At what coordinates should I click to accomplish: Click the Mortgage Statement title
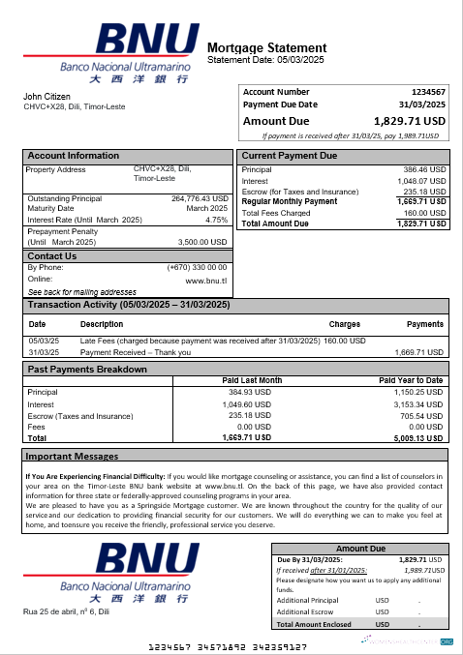click(266, 47)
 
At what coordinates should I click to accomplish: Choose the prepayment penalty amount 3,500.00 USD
click(203, 242)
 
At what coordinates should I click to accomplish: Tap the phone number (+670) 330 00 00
click(197, 267)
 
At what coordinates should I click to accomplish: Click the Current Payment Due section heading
click(289, 156)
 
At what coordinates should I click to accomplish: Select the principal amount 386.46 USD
click(424, 169)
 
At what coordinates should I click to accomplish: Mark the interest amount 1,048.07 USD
click(422, 181)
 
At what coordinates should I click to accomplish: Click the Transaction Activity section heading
click(128, 305)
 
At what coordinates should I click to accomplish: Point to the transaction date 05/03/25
click(44, 341)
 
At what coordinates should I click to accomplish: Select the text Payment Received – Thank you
click(136, 352)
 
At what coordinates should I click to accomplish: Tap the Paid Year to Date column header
click(411, 380)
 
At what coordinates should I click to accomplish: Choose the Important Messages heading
click(73, 456)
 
